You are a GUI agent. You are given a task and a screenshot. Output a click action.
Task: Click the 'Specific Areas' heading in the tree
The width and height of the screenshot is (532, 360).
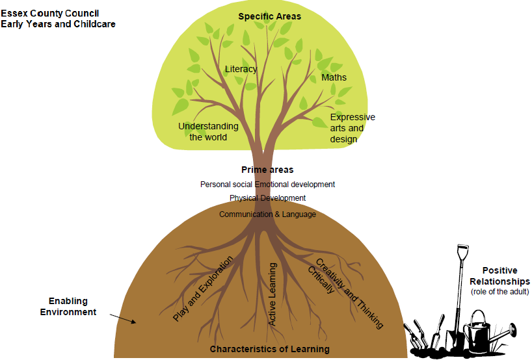point(269,16)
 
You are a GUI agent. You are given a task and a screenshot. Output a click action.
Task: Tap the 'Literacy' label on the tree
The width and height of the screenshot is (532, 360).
point(241,69)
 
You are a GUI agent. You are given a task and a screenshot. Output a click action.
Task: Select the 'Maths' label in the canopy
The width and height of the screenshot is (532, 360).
point(334,77)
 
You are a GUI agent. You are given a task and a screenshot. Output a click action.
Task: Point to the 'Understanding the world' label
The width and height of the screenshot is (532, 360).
point(208,131)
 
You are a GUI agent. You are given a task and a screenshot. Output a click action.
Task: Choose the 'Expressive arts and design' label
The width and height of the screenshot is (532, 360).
point(352,128)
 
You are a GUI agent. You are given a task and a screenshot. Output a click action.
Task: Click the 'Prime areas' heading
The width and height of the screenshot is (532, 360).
point(267,170)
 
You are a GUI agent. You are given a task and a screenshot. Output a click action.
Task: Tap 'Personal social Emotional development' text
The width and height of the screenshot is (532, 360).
point(267,185)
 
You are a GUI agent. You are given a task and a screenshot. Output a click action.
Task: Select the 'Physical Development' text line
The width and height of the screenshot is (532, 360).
point(267,198)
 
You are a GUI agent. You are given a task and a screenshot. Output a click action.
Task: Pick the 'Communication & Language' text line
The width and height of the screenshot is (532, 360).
point(267,214)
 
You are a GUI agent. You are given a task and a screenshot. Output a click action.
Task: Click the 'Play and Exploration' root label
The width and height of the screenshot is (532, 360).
point(202,289)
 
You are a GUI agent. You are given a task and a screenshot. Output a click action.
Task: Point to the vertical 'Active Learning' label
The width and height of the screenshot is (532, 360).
point(273,293)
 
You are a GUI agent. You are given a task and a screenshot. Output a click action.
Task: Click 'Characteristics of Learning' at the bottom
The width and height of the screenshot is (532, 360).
point(269,350)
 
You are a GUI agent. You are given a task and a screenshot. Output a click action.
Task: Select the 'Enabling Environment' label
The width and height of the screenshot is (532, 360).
point(68,307)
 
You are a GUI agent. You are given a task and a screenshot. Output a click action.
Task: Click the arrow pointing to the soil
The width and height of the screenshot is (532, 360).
point(123,317)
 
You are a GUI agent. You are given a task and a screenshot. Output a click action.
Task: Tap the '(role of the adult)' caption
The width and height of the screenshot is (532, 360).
point(499,292)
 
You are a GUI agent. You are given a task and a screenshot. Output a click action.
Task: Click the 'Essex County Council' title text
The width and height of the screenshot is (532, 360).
point(49,13)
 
